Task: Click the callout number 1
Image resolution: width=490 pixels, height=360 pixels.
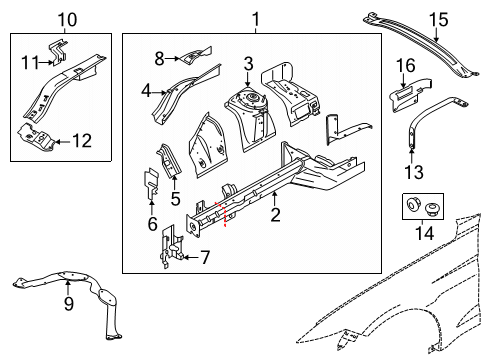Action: click(256, 19)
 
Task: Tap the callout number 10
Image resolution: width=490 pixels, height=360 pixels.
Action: click(67, 20)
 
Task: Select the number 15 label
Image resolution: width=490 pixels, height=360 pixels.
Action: click(438, 20)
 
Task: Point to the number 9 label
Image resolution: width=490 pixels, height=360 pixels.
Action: click(69, 303)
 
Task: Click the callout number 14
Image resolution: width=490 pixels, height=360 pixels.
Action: click(425, 233)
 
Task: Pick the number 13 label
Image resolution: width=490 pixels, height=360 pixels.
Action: click(414, 172)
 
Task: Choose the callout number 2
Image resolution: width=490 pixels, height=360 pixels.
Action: click(275, 215)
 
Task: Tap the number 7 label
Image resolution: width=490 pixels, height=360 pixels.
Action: click(205, 257)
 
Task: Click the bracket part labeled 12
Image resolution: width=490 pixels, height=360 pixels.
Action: click(36, 137)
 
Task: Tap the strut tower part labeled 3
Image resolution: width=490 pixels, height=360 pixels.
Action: click(251, 117)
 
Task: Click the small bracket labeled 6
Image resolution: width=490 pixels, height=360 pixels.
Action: click(150, 183)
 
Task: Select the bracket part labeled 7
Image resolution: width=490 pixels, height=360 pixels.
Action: click(171, 246)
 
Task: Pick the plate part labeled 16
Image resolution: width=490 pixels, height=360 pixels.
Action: click(409, 94)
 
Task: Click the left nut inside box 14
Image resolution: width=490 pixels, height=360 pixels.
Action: click(413, 203)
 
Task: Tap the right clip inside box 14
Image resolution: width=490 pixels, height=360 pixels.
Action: click(432, 209)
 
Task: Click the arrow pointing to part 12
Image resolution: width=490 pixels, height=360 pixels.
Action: click(62, 142)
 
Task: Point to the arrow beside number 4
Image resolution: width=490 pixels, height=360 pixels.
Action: click(159, 93)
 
